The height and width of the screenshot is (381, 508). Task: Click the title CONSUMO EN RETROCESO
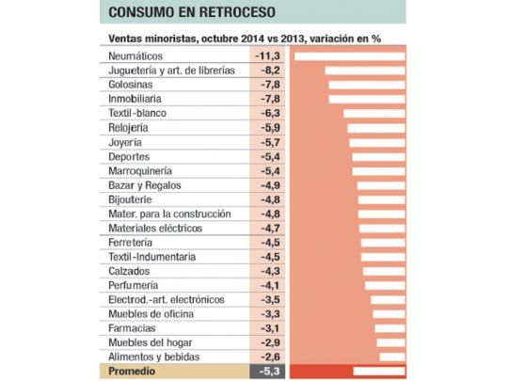(185, 13)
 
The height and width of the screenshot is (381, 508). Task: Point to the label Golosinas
(133, 85)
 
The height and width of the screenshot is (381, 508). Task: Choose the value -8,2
(269, 71)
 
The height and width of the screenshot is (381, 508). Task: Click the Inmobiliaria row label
(137, 98)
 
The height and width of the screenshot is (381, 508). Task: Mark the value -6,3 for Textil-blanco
(269, 113)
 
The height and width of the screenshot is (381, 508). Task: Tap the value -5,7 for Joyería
(269, 142)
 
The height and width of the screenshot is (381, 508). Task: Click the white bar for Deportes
(378, 156)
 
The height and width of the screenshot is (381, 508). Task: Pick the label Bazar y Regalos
(147, 185)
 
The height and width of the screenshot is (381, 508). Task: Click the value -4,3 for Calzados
(269, 271)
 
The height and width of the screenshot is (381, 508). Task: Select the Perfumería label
(135, 285)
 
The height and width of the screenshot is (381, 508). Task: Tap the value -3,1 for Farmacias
(269, 328)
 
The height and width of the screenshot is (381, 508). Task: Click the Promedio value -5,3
(269, 372)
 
